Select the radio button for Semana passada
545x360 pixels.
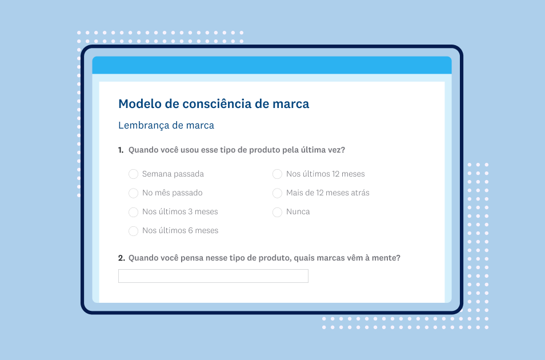pos(134,174)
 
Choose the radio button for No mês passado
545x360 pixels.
pos(134,193)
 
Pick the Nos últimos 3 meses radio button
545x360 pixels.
pos(134,212)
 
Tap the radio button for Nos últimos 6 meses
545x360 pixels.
pos(134,231)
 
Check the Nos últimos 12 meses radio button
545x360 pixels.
pos(278,174)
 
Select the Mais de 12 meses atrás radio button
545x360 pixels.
pos(278,193)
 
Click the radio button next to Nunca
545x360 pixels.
pos(278,212)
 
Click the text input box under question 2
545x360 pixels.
pos(213,276)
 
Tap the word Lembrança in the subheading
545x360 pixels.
pos(144,126)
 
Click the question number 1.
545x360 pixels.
pos(121,150)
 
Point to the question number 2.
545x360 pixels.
pos(121,258)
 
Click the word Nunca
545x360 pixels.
pos(298,211)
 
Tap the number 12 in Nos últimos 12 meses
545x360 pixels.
pos(336,174)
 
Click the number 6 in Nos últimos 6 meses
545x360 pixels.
pos(190,231)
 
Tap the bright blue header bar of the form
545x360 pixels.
pos(272,65)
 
